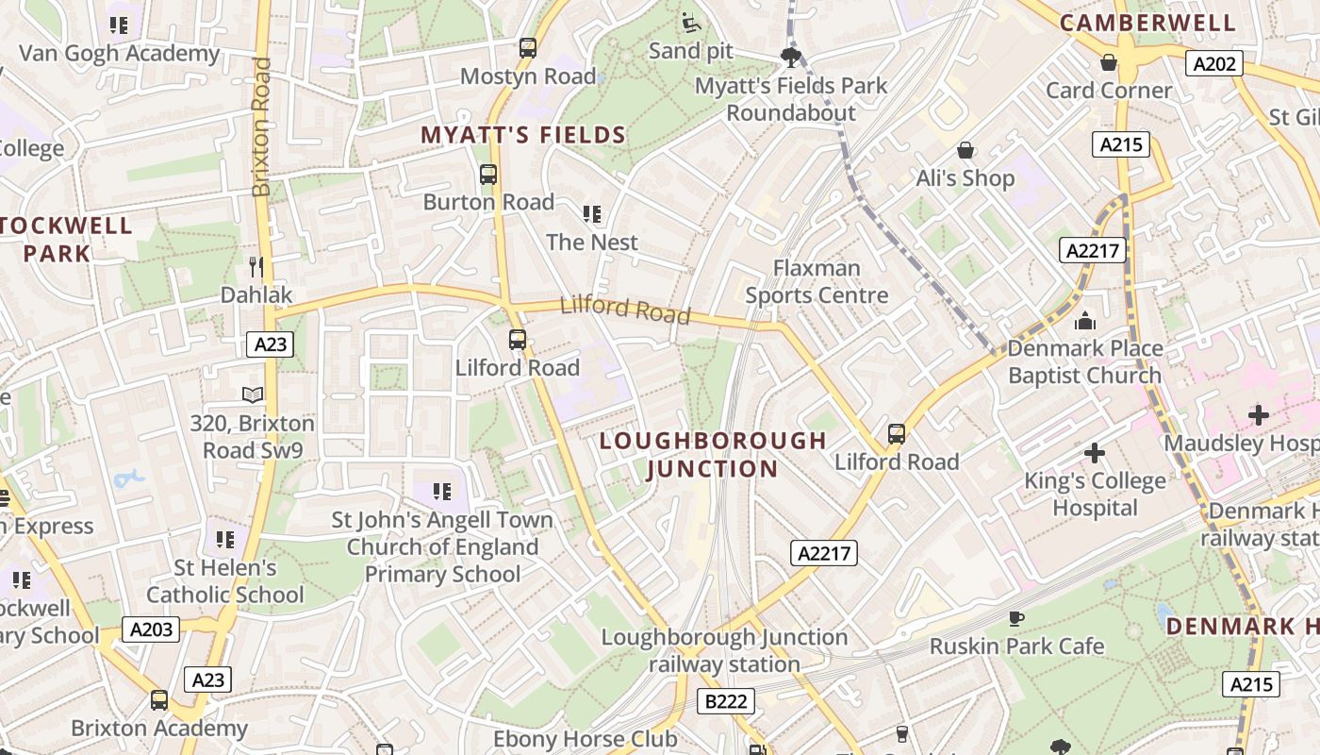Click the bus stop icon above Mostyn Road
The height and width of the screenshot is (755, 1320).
(x=528, y=48)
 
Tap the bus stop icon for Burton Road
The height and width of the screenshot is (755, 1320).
(x=487, y=175)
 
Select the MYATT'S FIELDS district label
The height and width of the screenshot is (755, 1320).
(x=523, y=135)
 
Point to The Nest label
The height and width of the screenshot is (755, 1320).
(x=592, y=242)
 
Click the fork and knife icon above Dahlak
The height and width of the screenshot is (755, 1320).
(x=256, y=267)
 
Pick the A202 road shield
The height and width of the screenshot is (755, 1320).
(x=1213, y=64)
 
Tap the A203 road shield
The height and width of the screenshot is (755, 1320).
(x=151, y=629)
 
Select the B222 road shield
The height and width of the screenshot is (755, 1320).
(x=726, y=701)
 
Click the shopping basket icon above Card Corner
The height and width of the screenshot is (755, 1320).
(x=1109, y=62)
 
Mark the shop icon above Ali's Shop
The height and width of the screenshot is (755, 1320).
(x=965, y=150)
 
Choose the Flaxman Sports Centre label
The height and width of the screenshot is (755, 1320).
(x=817, y=281)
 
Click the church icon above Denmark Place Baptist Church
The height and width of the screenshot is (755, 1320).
(x=1084, y=321)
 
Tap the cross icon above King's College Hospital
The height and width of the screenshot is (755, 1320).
(x=1094, y=454)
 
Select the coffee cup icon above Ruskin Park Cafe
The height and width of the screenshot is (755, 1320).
(x=1015, y=618)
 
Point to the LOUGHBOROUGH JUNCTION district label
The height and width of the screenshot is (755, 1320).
(x=713, y=454)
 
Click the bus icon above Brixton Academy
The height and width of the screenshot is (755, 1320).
(x=159, y=700)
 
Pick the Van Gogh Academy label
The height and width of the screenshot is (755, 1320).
(x=119, y=53)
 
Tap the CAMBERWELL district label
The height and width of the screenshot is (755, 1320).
(x=1147, y=23)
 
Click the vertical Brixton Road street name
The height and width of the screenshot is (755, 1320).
(x=262, y=127)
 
